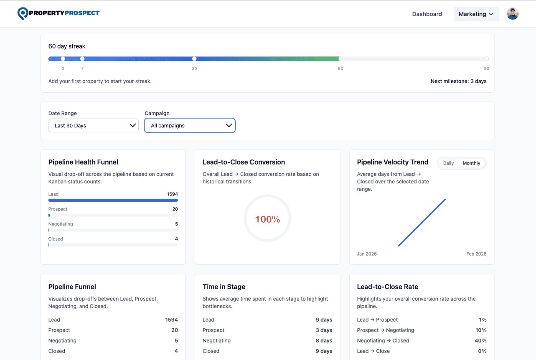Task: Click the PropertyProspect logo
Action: [x=58, y=13]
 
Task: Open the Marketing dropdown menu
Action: [x=476, y=14]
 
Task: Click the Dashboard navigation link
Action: [x=427, y=14]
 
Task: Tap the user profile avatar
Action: [x=512, y=14]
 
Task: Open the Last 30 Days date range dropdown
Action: [x=93, y=125]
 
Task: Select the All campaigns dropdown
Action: [x=190, y=125]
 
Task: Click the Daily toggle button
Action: [x=448, y=163]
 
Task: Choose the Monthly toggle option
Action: [x=471, y=163]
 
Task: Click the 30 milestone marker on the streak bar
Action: [x=194, y=59]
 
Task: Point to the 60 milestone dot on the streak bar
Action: [x=340, y=59]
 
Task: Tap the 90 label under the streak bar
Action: [x=486, y=68]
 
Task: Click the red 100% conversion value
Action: [x=267, y=219]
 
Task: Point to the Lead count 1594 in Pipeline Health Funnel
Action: [x=172, y=194]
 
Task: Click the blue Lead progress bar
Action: [x=113, y=200]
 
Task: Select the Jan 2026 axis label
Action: [x=366, y=254]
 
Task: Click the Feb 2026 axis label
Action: [x=476, y=254]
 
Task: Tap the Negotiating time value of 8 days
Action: [x=324, y=340]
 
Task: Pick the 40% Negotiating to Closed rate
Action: [x=480, y=340]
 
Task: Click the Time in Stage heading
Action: [x=224, y=286]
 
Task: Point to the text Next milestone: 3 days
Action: [x=458, y=81]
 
